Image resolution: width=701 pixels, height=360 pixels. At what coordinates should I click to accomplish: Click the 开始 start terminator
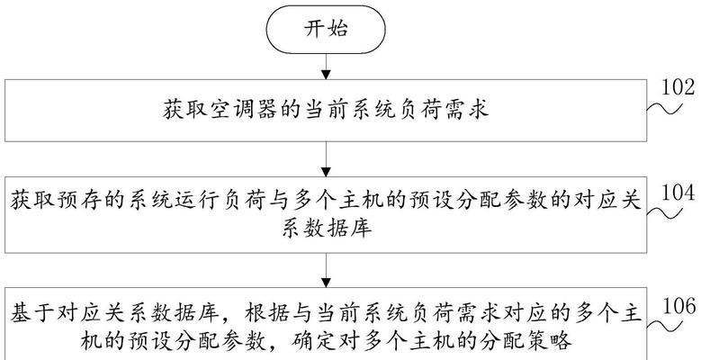pyautogui.click(x=326, y=30)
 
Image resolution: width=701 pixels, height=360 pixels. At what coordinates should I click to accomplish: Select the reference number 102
pyautogui.click(x=679, y=88)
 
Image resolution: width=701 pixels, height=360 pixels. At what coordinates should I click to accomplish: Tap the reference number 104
pyautogui.click(x=679, y=193)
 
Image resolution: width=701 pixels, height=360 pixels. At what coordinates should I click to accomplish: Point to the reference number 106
pyautogui.click(x=679, y=307)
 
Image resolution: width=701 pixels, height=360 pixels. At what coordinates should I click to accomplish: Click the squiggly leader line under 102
pyautogui.click(x=665, y=109)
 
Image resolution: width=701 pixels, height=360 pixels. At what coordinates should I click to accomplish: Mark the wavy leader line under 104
pyautogui.click(x=665, y=214)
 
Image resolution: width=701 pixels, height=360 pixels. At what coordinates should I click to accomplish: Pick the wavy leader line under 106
pyautogui.click(x=665, y=327)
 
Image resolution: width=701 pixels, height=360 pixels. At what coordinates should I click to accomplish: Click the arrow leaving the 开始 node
pyautogui.click(x=326, y=67)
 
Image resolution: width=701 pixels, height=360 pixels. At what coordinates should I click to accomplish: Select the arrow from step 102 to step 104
pyautogui.click(x=326, y=159)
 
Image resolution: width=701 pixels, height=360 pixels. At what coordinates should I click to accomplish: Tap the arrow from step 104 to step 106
pyautogui.click(x=326, y=270)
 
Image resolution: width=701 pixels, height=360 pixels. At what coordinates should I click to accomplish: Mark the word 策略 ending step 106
pyautogui.click(x=551, y=342)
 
